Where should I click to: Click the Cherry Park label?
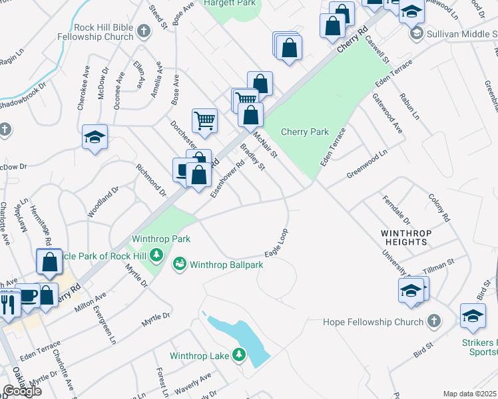(x=304, y=132)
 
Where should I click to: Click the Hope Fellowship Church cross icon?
(x=433, y=322)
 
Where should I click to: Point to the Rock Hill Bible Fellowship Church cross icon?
(x=143, y=31)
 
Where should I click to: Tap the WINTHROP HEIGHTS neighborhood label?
(x=405, y=237)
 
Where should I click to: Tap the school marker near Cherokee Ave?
(x=95, y=138)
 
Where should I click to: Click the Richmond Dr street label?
(x=150, y=180)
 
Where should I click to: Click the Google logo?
(x=22, y=391)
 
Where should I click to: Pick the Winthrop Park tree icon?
(x=156, y=255)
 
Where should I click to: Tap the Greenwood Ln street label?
(x=367, y=165)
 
